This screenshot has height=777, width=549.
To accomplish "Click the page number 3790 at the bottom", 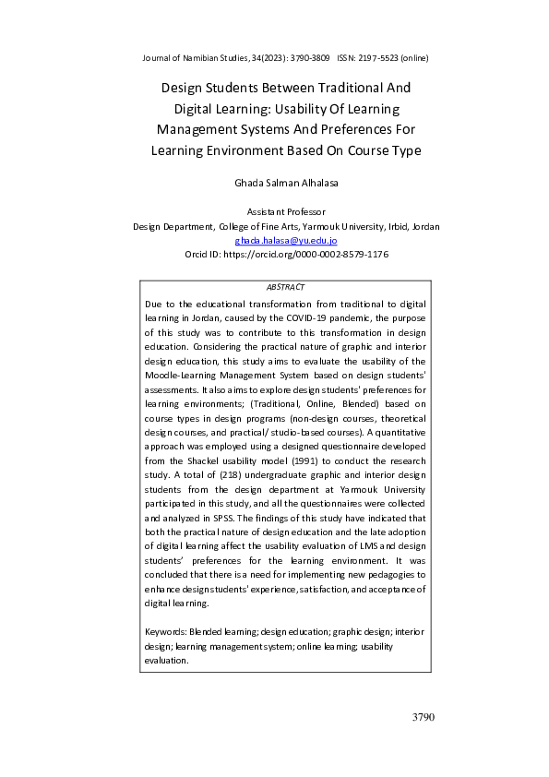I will click(x=423, y=717).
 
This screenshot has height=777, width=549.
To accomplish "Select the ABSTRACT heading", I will click(x=285, y=288).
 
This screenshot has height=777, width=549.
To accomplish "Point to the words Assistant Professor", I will click(x=286, y=213).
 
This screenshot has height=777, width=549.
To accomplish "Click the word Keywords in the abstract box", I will click(x=165, y=634).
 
